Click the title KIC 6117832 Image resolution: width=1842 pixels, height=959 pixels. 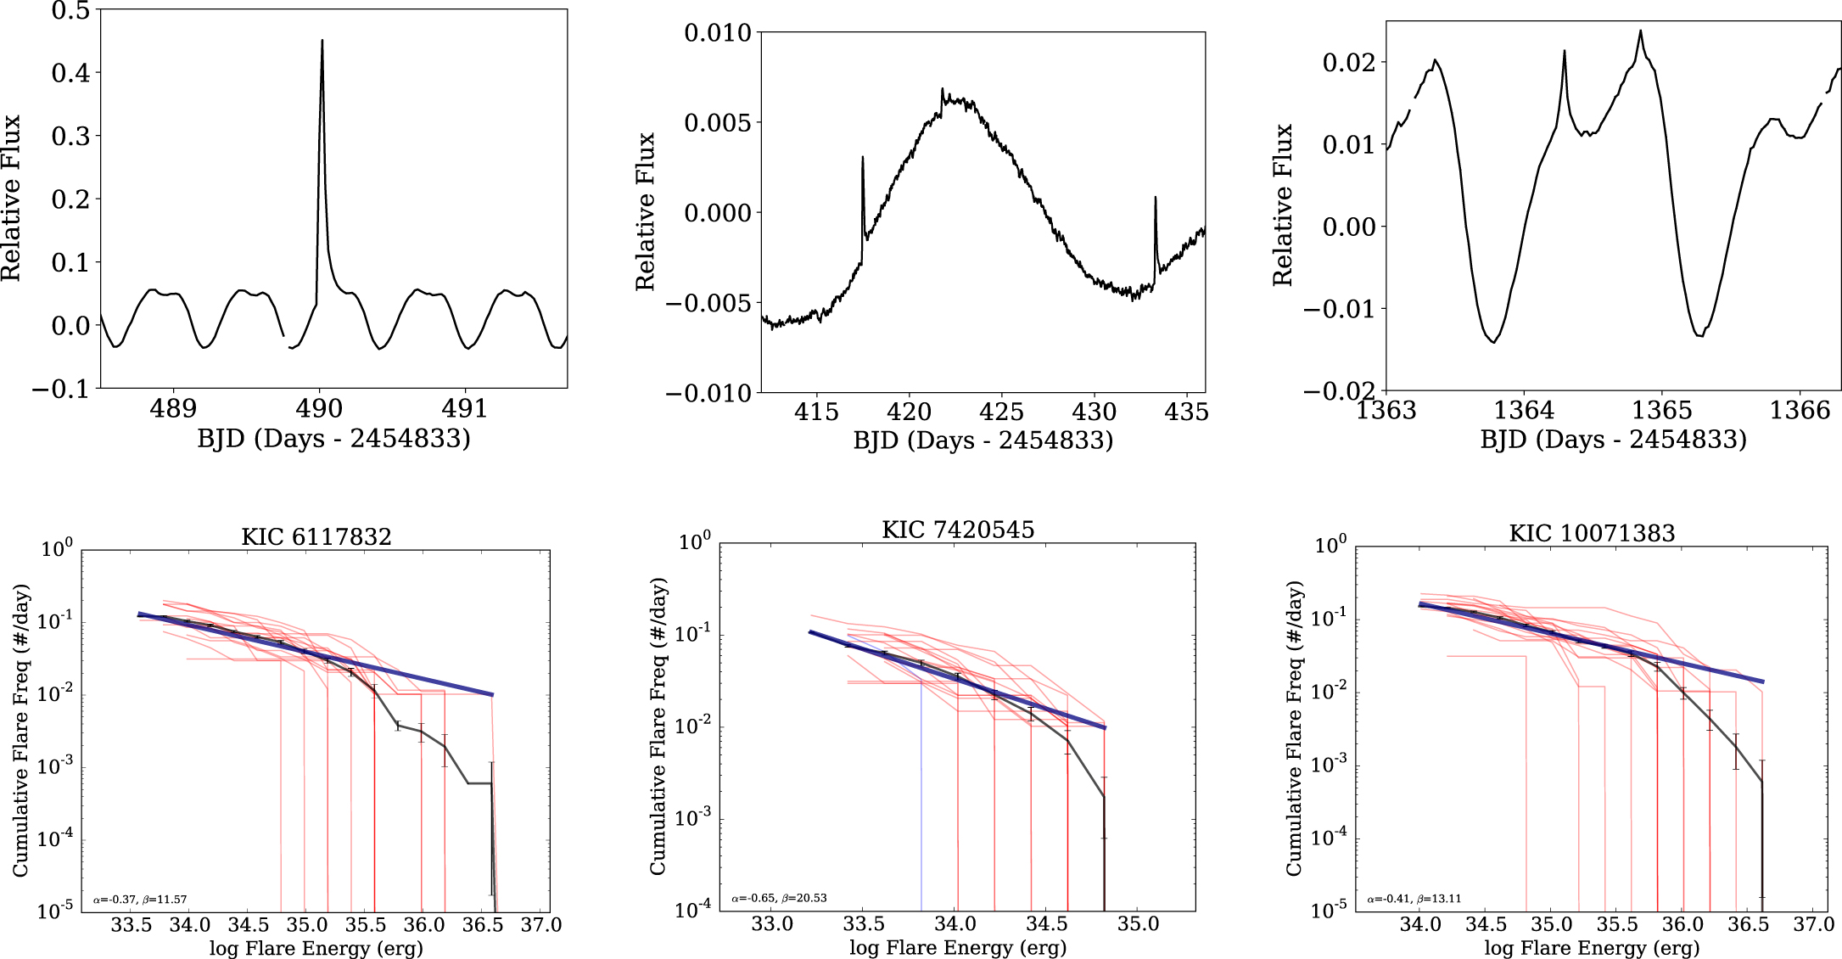tap(316, 536)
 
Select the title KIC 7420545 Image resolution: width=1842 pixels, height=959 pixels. tap(958, 530)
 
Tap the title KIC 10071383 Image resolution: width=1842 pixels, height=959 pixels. tap(1592, 533)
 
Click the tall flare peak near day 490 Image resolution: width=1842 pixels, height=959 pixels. tap(322, 42)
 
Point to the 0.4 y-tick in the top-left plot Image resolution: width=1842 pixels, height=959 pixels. tap(70, 73)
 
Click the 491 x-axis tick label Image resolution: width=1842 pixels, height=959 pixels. tap(465, 409)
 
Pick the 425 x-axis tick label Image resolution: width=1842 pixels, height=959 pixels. tap(1002, 412)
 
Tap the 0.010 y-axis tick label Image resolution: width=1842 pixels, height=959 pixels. tap(718, 33)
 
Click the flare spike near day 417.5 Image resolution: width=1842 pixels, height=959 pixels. tap(862, 158)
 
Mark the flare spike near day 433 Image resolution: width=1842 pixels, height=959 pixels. tap(1155, 199)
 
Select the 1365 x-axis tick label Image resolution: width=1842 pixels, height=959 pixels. tap(1661, 411)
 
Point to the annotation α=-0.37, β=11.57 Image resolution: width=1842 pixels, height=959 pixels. tap(140, 900)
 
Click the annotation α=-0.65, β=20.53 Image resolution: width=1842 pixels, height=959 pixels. tap(779, 898)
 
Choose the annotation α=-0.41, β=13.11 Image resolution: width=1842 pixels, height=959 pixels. tap(1414, 899)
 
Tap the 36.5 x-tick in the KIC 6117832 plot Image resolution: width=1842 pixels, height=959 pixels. tap(483, 925)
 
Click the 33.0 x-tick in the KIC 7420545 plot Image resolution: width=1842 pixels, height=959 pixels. tap(772, 923)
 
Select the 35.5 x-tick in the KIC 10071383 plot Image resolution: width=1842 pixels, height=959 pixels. tap(1617, 924)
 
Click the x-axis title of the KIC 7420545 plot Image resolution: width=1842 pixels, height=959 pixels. tap(958, 948)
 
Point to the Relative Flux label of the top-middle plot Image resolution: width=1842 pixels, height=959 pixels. tap(646, 211)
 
